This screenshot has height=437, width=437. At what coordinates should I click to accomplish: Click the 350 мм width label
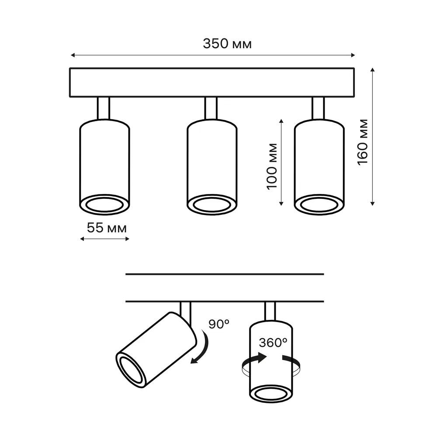click(227, 44)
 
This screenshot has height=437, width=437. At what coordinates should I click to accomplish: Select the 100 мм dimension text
click(272, 165)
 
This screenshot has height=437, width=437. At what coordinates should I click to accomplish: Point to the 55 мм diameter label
click(107, 228)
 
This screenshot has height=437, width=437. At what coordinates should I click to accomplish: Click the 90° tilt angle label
click(218, 324)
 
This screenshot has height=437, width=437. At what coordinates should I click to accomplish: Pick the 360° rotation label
click(272, 343)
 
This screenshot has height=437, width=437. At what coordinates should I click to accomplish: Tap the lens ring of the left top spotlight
click(104, 204)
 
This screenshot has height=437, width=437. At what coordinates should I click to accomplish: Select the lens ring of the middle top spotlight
click(212, 204)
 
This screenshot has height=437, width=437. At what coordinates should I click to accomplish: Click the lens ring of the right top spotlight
click(319, 204)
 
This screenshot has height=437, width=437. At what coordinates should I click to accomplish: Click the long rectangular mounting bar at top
click(212, 83)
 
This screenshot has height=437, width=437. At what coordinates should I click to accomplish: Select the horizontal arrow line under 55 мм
click(105, 239)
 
